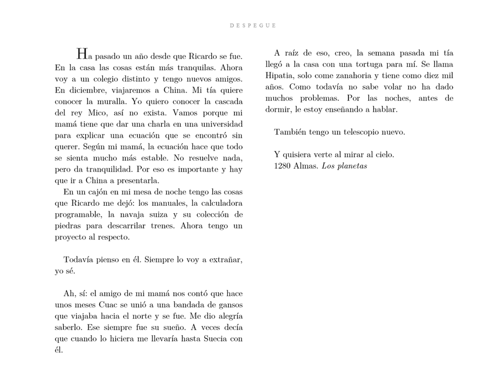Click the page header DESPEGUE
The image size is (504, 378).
[x=252, y=25]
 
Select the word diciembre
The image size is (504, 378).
[x=84, y=90]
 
